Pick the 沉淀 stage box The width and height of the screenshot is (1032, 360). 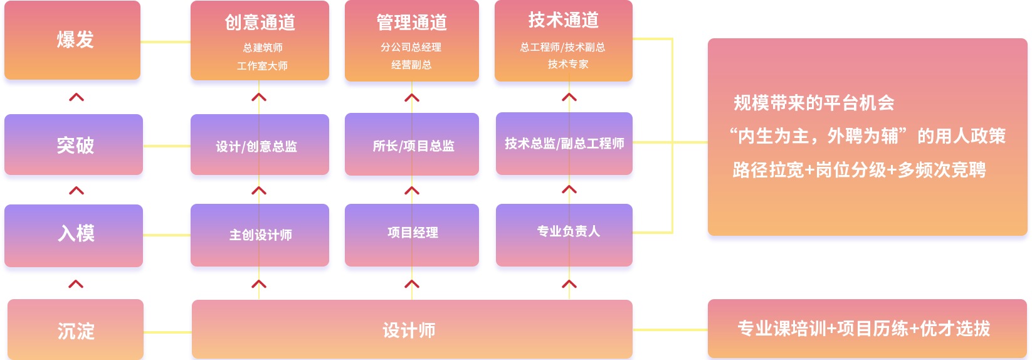tap(75, 331)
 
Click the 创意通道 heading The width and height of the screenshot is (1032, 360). tap(260, 23)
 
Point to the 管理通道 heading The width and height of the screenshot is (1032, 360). tap(411, 23)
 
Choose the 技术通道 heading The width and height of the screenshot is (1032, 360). tap(563, 21)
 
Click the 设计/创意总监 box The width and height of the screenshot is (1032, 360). tap(259, 146)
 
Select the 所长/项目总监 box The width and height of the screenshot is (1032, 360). tap(412, 146)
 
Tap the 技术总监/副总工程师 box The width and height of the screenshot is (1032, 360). tap(564, 144)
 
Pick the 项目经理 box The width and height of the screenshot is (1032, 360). tap(412, 233)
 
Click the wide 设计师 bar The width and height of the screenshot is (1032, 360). tap(411, 330)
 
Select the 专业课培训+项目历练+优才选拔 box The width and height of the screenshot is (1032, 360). tap(864, 329)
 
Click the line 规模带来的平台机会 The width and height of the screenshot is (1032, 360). tap(814, 103)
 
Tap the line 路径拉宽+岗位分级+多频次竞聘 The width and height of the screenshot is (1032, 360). tap(859, 169)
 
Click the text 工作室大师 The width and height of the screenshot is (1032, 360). tap(262, 66)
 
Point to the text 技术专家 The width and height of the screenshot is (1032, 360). tap(568, 64)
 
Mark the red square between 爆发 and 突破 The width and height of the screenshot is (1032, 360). tap(76, 97)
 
